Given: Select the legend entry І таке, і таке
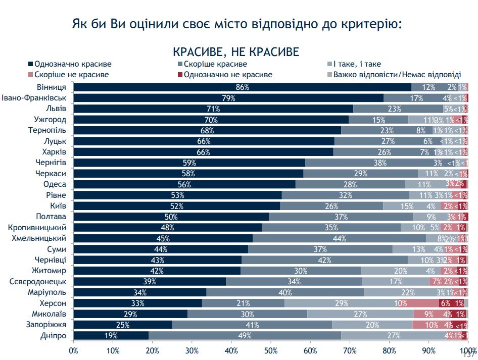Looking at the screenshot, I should [356, 64].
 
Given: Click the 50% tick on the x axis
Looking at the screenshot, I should [271, 349].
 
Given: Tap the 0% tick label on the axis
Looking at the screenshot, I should [74, 349].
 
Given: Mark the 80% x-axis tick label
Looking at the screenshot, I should [389, 349].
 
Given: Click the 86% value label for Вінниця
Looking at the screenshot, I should [243, 87].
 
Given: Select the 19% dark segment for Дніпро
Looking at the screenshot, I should [111, 335].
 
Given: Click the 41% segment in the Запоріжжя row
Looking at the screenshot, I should [252, 325].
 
